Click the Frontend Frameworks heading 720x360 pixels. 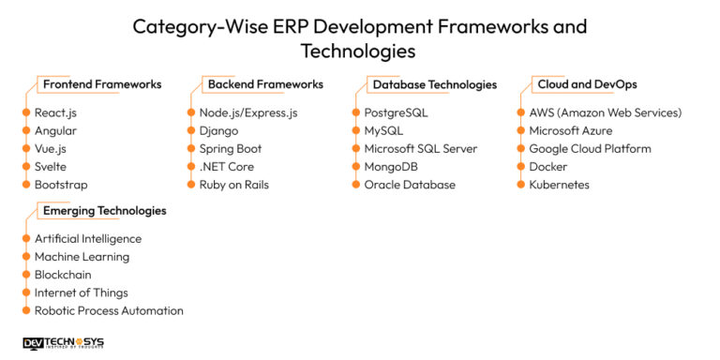pos(102,84)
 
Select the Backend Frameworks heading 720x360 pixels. pos(265,84)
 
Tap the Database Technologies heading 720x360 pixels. pos(435,84)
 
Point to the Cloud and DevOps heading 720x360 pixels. pos(587,84)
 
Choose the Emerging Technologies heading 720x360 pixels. pos(105,211)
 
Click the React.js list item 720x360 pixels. pos(55,113)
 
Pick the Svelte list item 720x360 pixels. pos(52,167)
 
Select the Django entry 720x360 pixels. pos(218,131)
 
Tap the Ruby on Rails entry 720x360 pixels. pos(233,185)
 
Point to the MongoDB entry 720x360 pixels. pos(391,167)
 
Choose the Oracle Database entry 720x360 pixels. pos(410,185)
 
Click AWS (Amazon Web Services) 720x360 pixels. pos(606,113)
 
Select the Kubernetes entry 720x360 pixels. pos(559,185)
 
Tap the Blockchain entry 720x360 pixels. pos(62,275)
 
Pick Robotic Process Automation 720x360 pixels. pos(109,310)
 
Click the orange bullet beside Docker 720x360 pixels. pos(520,167)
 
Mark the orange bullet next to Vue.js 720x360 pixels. pos(25,149)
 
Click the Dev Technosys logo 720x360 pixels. pos(63,344)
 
